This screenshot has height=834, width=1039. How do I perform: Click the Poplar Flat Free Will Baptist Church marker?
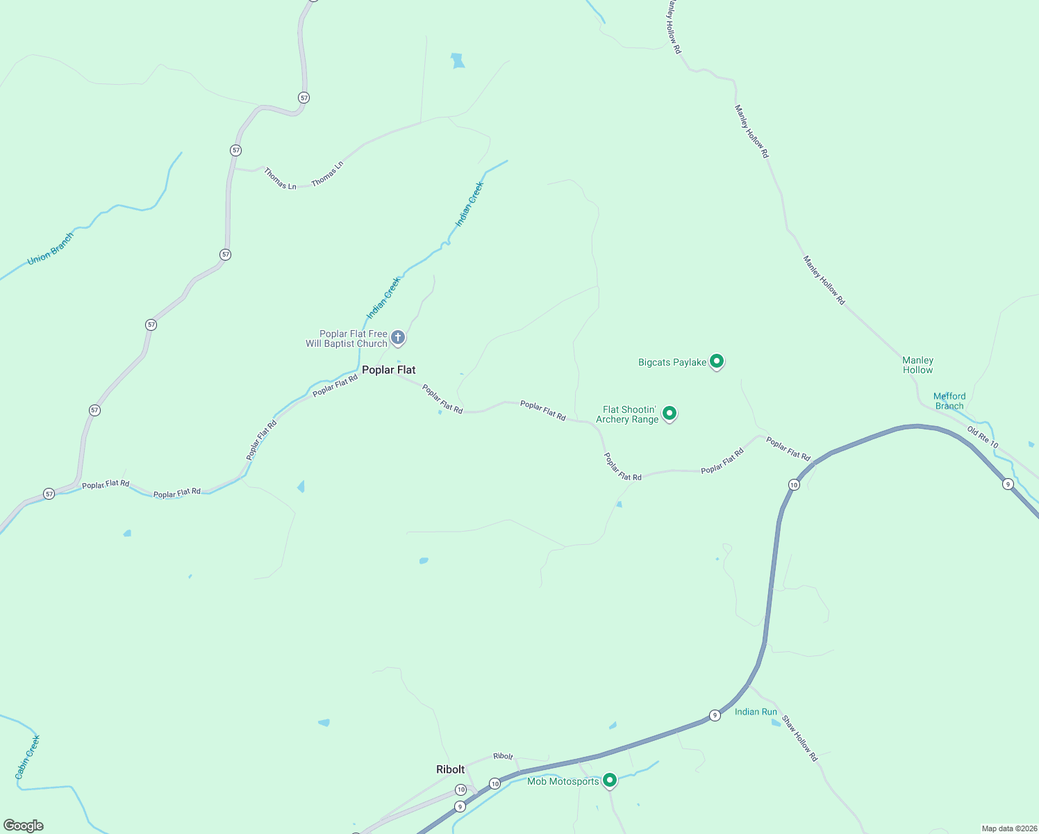pyautogui.click(x=398, y=338)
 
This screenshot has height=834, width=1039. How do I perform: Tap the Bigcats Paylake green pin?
pyautogui.click(x=717, y=361)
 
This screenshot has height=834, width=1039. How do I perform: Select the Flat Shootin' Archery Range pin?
pyautogui.click(x=670, y=414)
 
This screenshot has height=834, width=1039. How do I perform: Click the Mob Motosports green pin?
pyautogui.click(x=610, y=780)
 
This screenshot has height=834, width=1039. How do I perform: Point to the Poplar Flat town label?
pyautogui.click(x=388, y=370)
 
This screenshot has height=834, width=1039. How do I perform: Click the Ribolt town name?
pyautogui.click(x=450, y=769)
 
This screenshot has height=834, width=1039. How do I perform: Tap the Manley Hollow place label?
pyautogui.click(x=917, y=365)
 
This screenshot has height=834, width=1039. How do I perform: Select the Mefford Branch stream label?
pyautogui.click(x=949, y=401)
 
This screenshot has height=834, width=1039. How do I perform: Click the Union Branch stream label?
pyautogui.click(x=50, y=249)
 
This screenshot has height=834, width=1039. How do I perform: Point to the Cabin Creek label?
pyautogui.click(x=28, y=757)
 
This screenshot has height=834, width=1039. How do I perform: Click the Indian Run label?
pyautogui.click(x=756, y=712)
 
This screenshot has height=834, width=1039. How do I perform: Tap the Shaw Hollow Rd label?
pyautogui.click(x=800, y=738)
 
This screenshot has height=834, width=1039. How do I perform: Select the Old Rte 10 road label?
pyautogui.click(x=983, y=438)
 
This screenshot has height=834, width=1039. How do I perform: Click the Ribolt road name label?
pyautogui.click(x=503, y=756)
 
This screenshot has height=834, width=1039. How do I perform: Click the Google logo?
pyautogui.click(x=24, y=826)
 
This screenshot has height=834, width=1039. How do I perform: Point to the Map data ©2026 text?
pyautogui.click(x=1008, y=828)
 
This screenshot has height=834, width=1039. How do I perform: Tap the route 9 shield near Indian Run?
pyautogui.click(x=715, y=715)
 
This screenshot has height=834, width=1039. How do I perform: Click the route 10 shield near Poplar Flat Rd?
pyautogui.click(x=794, y=484)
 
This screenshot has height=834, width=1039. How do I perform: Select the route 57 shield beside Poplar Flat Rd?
pyautogui.click(x=49, y=493)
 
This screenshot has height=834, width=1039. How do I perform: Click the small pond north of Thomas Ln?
pyautogui.click(x=458, y=61)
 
